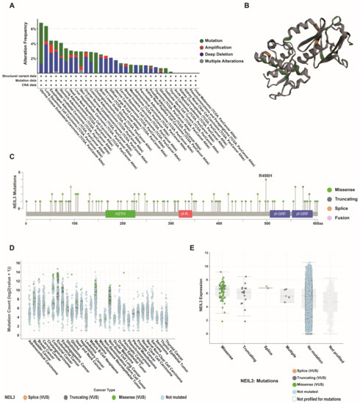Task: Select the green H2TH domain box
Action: (x=120, y=213)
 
